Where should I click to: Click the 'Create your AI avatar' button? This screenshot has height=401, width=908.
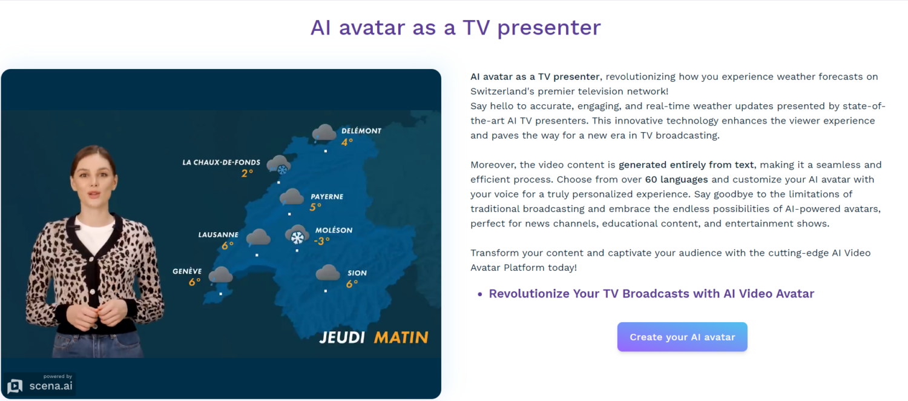tap(682, 337)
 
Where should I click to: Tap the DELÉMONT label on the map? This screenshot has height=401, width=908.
tap(361, 131)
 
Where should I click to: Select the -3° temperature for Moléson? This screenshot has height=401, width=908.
tap(321, 241)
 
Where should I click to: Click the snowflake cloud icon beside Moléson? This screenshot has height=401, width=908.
tap(297, 236)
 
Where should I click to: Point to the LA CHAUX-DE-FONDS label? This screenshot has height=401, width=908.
tap(221, 162)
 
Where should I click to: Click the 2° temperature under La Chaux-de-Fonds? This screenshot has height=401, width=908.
tap(247, 173)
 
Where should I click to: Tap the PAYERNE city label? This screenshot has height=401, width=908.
tap(326, 197)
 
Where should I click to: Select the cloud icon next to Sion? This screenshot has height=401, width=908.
tap(327, 273)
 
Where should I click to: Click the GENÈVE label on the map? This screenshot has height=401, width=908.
tap(187, 271)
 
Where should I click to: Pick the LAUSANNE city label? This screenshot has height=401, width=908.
tap(218, 235)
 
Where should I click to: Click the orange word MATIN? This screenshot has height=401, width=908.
tap(401, 337)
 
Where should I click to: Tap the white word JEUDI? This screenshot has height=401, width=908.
tap(341, 337)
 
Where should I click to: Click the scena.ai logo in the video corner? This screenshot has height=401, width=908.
tap(41, 385)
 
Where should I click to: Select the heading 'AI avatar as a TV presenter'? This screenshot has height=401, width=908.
tap(455, 27)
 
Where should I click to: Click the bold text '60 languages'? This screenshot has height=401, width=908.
tap(676, 179)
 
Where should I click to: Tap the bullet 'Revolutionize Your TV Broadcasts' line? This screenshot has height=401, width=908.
tap(651, 294)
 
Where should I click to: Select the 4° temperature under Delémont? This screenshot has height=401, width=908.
tap(347, 142)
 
